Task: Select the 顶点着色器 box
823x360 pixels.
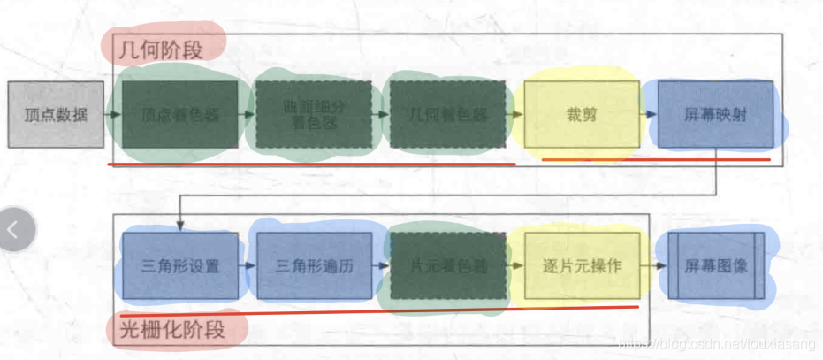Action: pyautogui.click(x=179, y=115)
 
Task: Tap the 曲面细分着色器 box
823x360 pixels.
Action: pyautogui.click(x=314, y=115)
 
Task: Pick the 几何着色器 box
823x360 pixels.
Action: pyautogui.click(x=447, y=115)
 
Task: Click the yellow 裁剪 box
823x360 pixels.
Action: pyautogui.click(x=581, y=115)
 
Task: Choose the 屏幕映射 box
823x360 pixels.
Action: pyautogui.click(x=715, y=115)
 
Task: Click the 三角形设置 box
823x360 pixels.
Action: pyautogui.click(x=179, y=265)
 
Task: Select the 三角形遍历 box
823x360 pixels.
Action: pyautogui.click(x=314, y=265)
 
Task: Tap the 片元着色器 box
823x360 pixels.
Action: pyautogui.click(x=447, y=265)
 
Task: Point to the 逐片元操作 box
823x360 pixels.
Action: pyautogui.click(x=581, y=265)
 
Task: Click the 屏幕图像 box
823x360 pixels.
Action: pyautogui.click(x=715, y=265)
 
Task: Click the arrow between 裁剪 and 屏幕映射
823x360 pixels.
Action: pyautogui.click(x=649, y=115)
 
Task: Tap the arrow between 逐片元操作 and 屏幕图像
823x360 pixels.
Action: pyautogui.click(x=653, y=265)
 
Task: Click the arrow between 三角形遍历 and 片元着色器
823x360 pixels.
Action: pyautogui.click(x=381, y=265)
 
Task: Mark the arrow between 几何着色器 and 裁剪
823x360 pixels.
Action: pyautogui.click(x=514, y=115)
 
